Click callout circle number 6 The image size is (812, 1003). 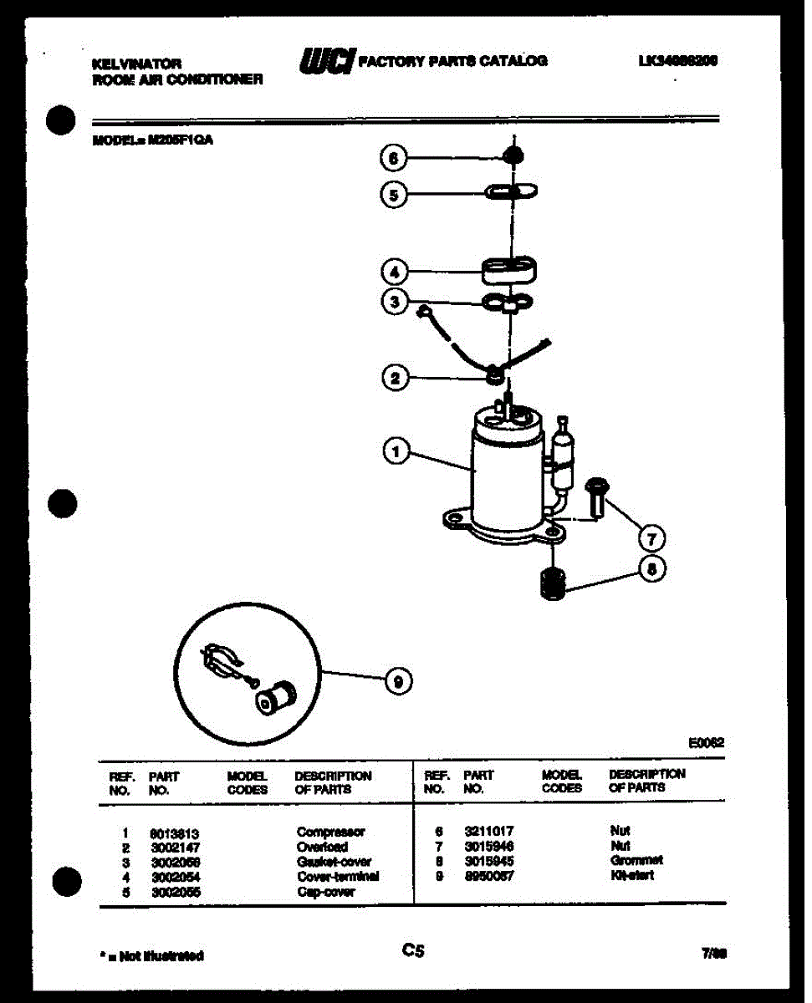click(x=394, y=158)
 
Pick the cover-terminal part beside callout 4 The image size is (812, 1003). click(x=509, y=272)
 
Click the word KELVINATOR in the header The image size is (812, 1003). click(x=135, y=64)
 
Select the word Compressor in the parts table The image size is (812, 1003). click(x=330, y=832)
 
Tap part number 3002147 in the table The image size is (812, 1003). click(x=174, y=848)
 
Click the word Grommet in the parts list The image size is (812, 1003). click(x=636, y=860)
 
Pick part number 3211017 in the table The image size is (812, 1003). click(x=488, y=832)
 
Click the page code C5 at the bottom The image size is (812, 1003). click(x=413, y=950)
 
